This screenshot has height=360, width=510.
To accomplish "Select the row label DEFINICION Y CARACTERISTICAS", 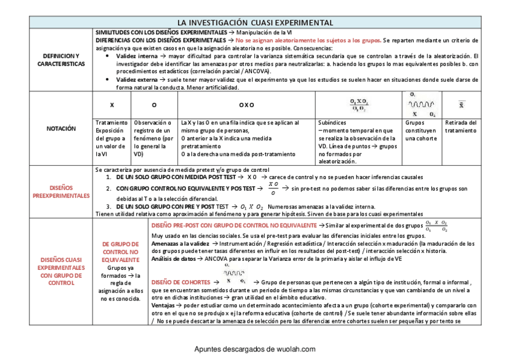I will [61, 59].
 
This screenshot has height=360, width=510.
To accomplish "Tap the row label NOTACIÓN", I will [61, 128].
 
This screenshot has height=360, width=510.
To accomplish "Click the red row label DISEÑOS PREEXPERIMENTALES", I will [61, 191].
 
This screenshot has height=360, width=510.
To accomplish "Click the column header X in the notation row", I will [112, 105].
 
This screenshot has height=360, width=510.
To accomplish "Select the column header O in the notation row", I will [155, 105].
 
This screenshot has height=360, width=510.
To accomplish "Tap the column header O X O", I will [247, 105].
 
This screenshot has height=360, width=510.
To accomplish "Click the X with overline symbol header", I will [461, 105].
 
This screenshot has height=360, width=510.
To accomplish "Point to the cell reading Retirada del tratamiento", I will [461, 126].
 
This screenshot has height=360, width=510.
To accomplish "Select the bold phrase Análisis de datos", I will [174, 258].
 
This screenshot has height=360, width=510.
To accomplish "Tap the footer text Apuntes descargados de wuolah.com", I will [255, 349].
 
